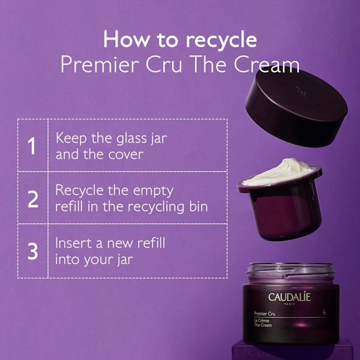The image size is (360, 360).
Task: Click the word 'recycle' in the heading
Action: pos(221,40)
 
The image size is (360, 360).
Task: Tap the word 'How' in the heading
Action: pos(123,40)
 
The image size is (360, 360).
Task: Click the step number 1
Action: pos(32,146)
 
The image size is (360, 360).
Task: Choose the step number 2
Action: pos(32,198)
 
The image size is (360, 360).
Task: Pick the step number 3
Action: pos(32,251)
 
